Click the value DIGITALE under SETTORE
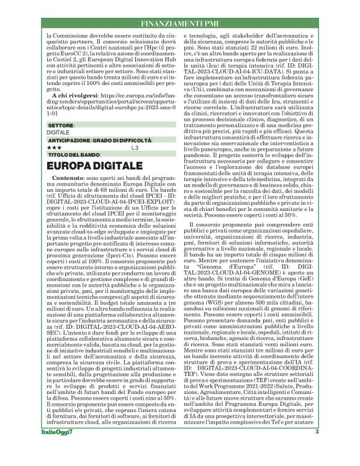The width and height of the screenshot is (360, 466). [x=58, y=132]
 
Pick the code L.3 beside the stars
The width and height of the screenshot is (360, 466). [x=135, y=148]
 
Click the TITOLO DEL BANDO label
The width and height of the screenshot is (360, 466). [x=73, y=154]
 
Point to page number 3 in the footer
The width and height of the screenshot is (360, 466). [x=317, y=449]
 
